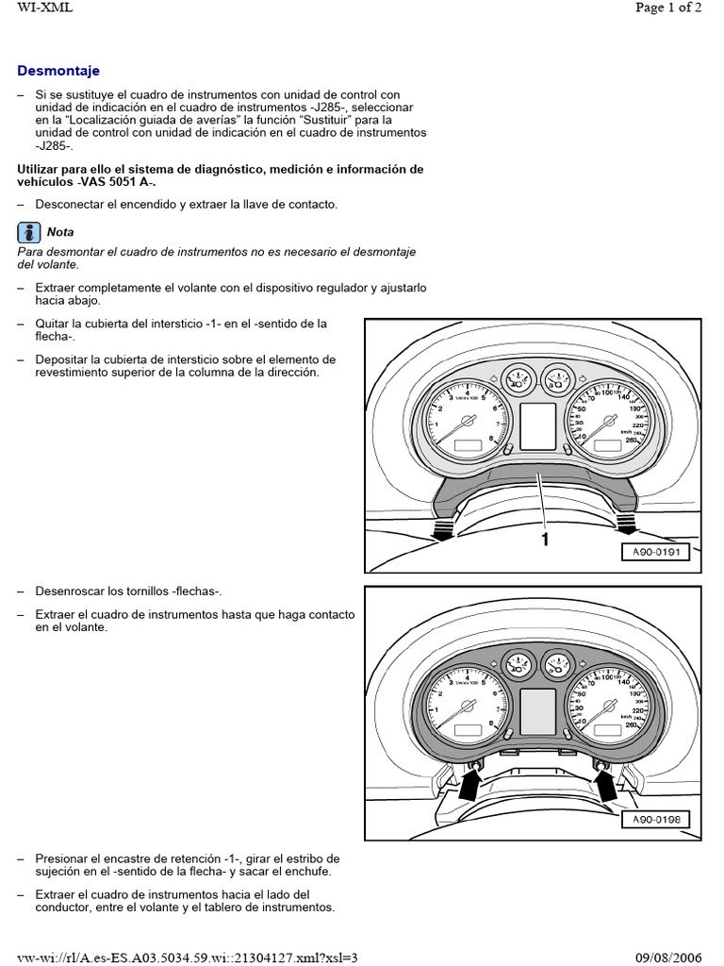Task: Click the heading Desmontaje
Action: [x=58, y=71]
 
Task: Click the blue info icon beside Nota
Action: [x=29, y=231]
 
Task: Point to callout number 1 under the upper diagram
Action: [x=544, y=540]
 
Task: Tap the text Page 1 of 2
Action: [x=668, y=8]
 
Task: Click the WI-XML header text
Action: [x=44, y=8]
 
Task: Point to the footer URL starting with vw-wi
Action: [x=189, y=957]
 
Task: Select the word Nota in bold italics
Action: [x=60, y=232]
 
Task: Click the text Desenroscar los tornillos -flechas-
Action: [x=128, y=591]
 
